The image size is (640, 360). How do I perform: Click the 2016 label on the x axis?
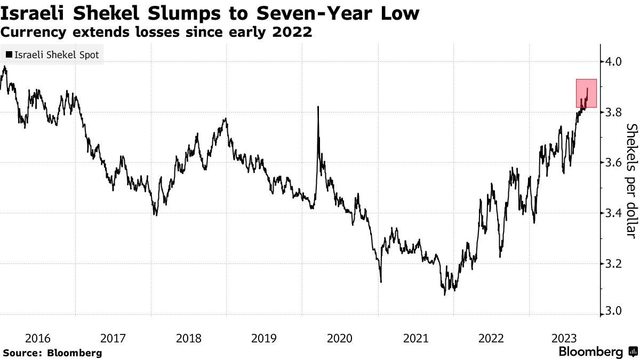tap(38, 338)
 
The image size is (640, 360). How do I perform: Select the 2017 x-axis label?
tap(113, 338)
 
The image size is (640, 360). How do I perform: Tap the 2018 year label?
tap(188, 338)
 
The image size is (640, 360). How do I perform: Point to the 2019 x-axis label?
tap(263, 338)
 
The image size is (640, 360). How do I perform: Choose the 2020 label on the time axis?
tap(340, 338)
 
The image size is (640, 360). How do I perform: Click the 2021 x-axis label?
tap(415, 338)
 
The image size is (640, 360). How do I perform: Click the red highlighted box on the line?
tap(586, 93)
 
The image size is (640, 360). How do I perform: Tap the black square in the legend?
tap(9, 54)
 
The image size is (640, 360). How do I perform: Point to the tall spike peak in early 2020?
tap(318, 107)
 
